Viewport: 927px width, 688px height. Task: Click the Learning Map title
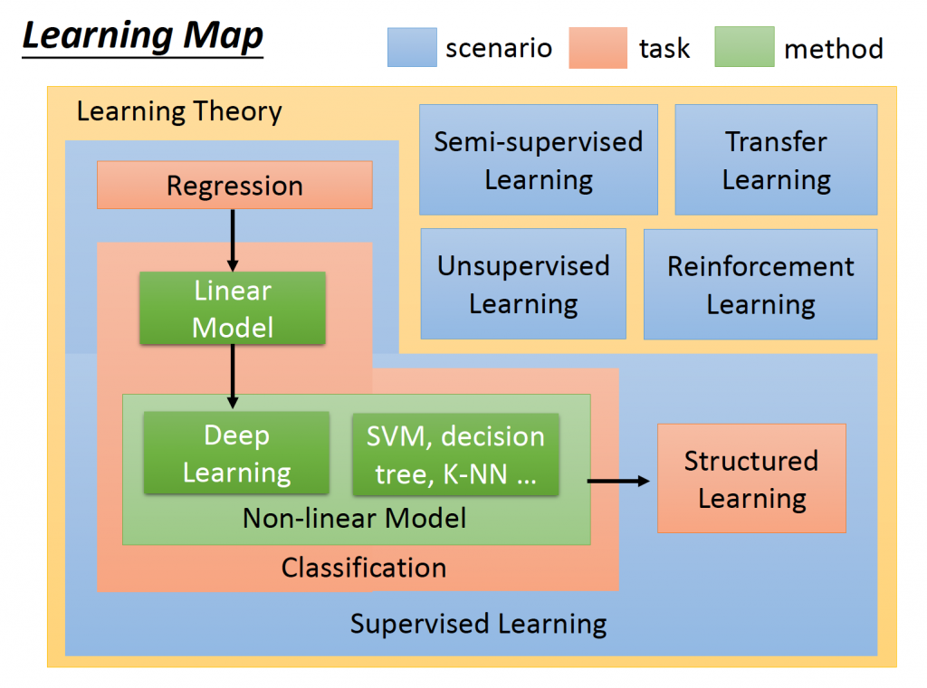(x=142, y=37)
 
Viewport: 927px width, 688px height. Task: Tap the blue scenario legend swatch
(x=412, y=47)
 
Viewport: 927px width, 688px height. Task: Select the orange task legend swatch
(x=597, y=47)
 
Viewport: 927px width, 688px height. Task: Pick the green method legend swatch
(x=743, y=47)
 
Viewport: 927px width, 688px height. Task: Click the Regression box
(x=234, y=186)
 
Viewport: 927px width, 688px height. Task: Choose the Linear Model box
(x=233, y=309)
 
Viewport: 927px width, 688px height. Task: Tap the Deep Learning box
(x=236, y=454)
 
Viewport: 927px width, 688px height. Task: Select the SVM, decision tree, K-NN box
(x=455, y=454)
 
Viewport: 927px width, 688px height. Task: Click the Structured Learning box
(x=751, y=478)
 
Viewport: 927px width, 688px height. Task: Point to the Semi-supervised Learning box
(x=539, y=160)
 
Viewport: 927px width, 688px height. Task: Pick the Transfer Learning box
(x=776, y=160)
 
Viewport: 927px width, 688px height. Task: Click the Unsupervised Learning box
(x=523, y=284)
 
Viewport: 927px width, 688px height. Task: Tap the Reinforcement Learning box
(x=760, y=284)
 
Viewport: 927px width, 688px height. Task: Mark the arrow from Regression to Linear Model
(x=233, y=240)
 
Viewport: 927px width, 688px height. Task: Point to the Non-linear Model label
(x=355, y=519)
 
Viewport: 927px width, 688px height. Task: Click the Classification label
(x=364, y=568)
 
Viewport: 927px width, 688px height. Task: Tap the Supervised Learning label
(x=478, y=624)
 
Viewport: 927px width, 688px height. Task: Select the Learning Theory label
(x=179, y=112)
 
